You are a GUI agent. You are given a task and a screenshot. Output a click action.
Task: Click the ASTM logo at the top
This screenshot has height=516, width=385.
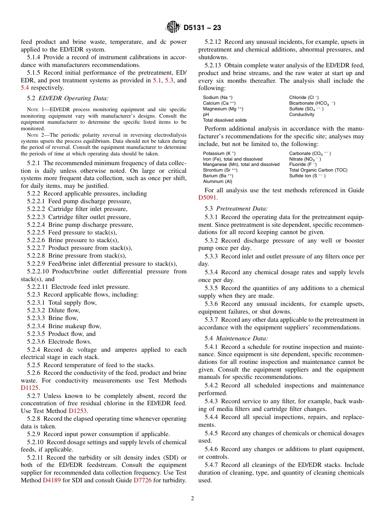(173, 28)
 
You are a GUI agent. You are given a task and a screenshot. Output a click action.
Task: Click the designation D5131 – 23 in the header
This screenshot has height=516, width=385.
(202, 28)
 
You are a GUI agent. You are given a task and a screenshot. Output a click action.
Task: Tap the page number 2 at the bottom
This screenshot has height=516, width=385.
(192, 498)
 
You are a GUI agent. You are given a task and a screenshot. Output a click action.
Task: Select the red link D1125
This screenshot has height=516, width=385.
(30, 388)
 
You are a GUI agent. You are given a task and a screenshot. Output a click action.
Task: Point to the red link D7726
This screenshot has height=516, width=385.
(143, 481)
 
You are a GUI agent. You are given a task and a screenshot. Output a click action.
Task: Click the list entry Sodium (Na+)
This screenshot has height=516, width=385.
(218, 98)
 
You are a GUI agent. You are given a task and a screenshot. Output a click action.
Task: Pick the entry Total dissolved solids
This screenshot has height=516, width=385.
(225, 120)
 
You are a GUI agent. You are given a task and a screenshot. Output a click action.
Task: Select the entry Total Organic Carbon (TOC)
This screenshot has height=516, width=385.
(318, 170)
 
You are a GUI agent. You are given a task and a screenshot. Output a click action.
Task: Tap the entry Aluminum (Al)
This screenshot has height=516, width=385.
(218, 181)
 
